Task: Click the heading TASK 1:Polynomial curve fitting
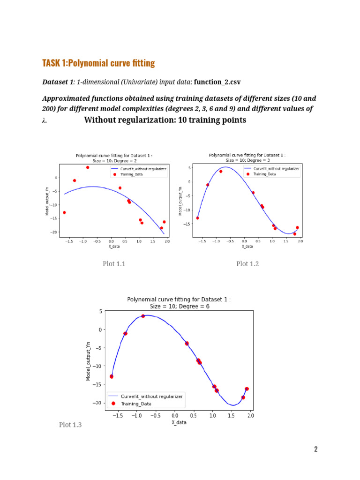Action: (98, 63)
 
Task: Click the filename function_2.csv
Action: (217, 82)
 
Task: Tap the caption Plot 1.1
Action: (114, 264)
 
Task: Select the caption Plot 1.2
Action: (247, 264)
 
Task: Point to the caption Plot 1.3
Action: (70, 425)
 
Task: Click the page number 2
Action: (316, 450)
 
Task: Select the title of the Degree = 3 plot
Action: (247, 157)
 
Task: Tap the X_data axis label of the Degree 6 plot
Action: (179, 422)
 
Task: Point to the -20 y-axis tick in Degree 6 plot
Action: (97, 403)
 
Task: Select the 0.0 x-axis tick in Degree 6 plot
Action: (175, 416)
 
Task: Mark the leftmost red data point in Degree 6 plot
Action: (112, 376)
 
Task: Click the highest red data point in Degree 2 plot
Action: (87, 167)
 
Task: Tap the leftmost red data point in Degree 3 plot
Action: (197, 218)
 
